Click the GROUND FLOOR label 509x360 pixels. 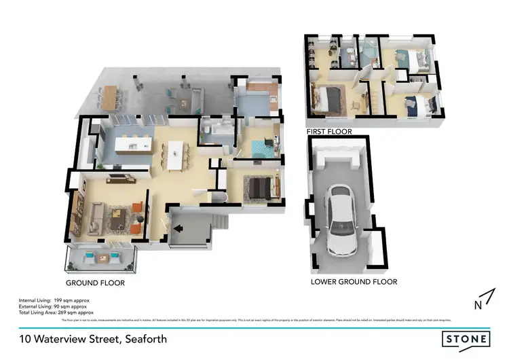[95, 283]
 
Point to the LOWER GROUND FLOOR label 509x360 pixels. [354, 281]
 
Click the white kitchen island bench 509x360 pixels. [132, 145]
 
